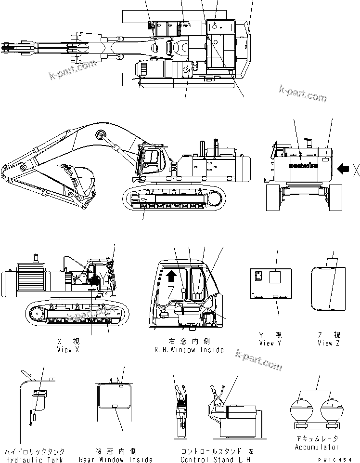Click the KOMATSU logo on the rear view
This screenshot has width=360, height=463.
click(303, 166)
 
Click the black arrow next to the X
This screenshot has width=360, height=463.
click(344, 169)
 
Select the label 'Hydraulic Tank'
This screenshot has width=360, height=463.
click(35, 460)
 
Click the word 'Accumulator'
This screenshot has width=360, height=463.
click(317, 447)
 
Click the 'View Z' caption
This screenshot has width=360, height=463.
click(329, 343)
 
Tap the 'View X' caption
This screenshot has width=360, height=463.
click(67, 349)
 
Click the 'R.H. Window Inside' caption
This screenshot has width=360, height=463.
click(189, 349)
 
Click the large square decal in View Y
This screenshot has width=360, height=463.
click(276, 277)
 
